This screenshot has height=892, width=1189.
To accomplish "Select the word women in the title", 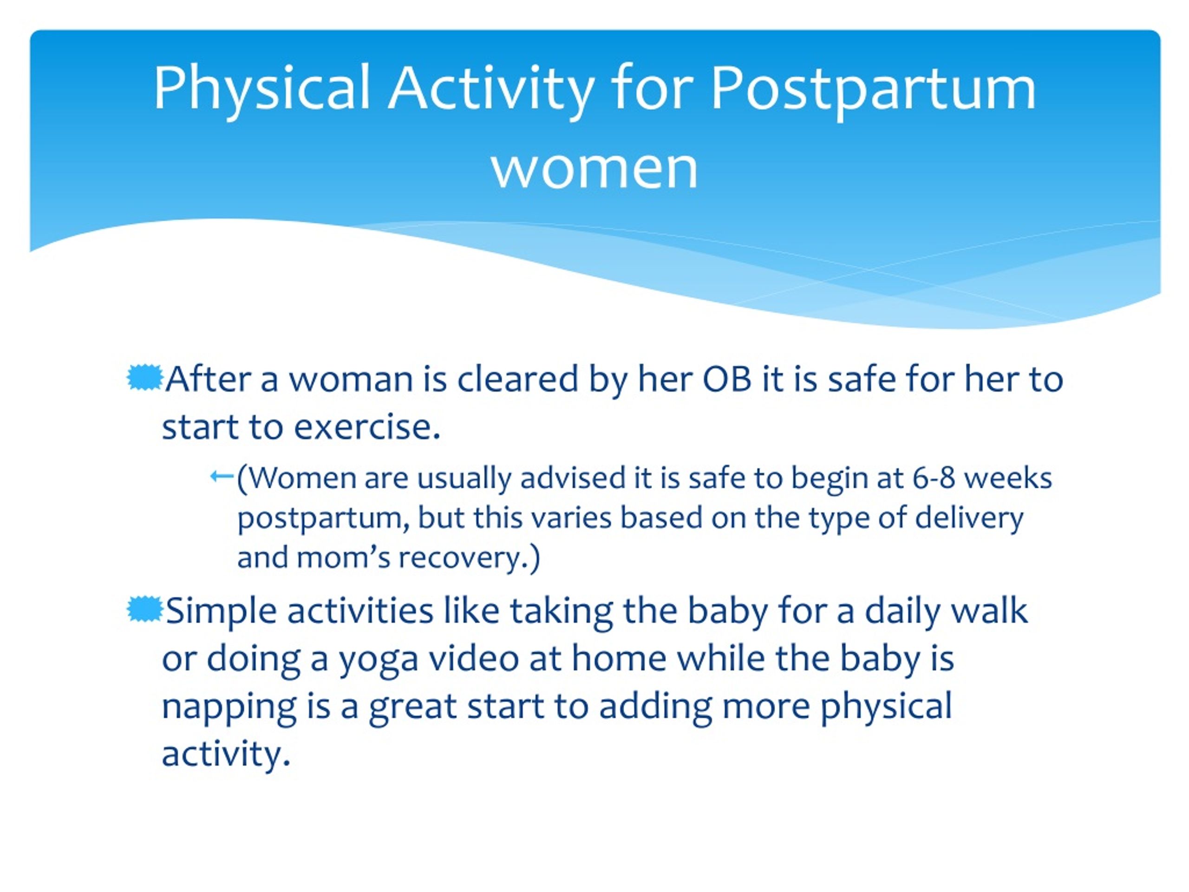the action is pos(594,168).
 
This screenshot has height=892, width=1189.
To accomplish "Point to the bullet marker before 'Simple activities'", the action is pos(144,610).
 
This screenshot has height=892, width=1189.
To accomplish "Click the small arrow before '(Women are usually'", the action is pos(222,476).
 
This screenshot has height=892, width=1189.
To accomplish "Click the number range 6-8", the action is pos(934,478).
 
